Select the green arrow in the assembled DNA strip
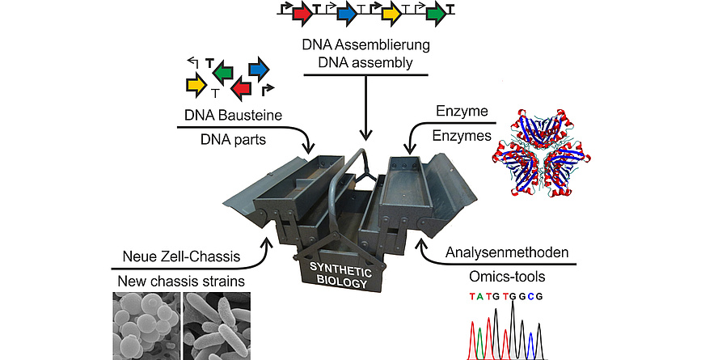(x=436, y=15)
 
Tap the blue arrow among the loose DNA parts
(x=259, y=70)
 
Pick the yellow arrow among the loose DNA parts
(x=196, y=85)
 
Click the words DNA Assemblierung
(x=365, y=44)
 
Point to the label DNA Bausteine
(x=233, y=115)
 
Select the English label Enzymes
(x=462, y=136)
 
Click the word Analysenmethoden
(x=507, y=252)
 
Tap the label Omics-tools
(x=507, y=277)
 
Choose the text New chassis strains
(x=181, y=281)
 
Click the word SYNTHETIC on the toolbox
(x=340, y=269)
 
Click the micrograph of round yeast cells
(x=146, y=326)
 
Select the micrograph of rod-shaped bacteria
(x=217, y=326)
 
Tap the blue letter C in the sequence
(x=530, y=296)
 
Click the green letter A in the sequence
(x=480, y=296)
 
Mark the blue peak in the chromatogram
(x=530, y=345)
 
